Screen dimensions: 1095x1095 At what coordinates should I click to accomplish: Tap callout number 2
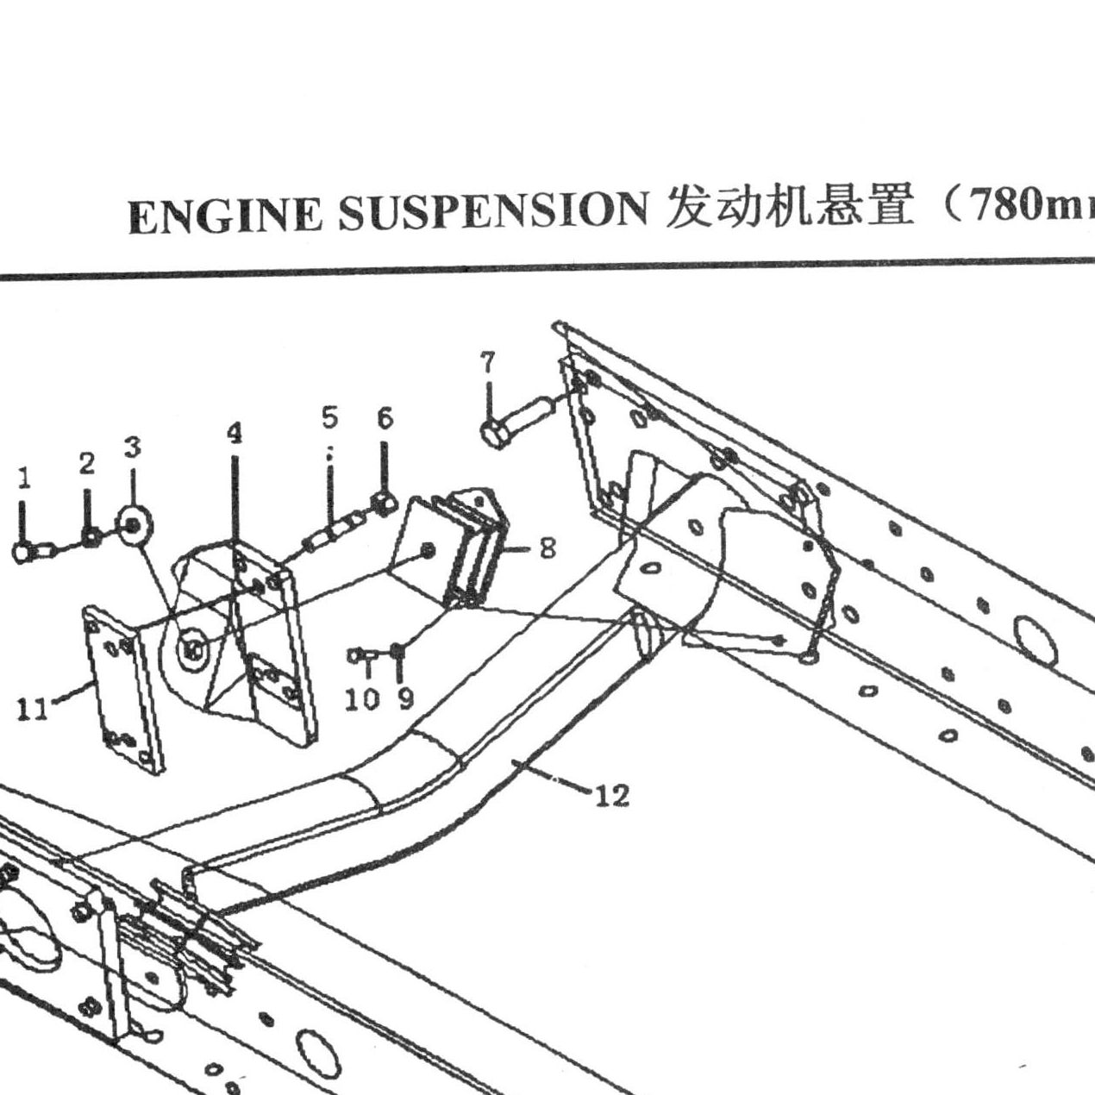pyautogui.click(x=86, y=465)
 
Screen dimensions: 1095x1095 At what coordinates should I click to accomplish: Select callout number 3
pyautogui.click(x=133, y=447)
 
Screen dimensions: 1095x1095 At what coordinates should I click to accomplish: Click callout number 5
pyautogui.click(x=329, y=417)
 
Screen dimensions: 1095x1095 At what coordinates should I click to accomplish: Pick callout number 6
pyautogui.click(x=385, y=418)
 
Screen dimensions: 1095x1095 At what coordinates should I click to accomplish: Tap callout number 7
pyautogui.click(x=487, y=362)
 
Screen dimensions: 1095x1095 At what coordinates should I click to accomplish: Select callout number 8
pyautogui.click(x=547, y=548)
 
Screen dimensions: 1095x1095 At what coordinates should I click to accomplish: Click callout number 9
pyautogui.click(x=405, y=699)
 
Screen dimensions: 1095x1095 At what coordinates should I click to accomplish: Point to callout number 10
pyautogui.click(x=362, y=699)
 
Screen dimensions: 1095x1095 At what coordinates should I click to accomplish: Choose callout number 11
pyautogui.click(x=33, y=710)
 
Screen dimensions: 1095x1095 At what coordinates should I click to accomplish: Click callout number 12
pyautogui.click(x=612, y=796)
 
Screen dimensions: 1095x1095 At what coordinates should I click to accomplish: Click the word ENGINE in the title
pyautogui.click(x=226, y=216)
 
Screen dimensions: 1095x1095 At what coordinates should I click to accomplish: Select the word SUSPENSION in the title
pyautogui.click(x=493, y=211)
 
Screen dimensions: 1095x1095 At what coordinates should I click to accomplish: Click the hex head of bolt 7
pyautogui.click(x=493, y=435)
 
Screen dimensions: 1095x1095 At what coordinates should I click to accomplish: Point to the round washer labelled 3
pyautogui.click(x=132, y=525)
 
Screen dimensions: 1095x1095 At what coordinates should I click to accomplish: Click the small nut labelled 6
pyautogui.click(x=385, y=502)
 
